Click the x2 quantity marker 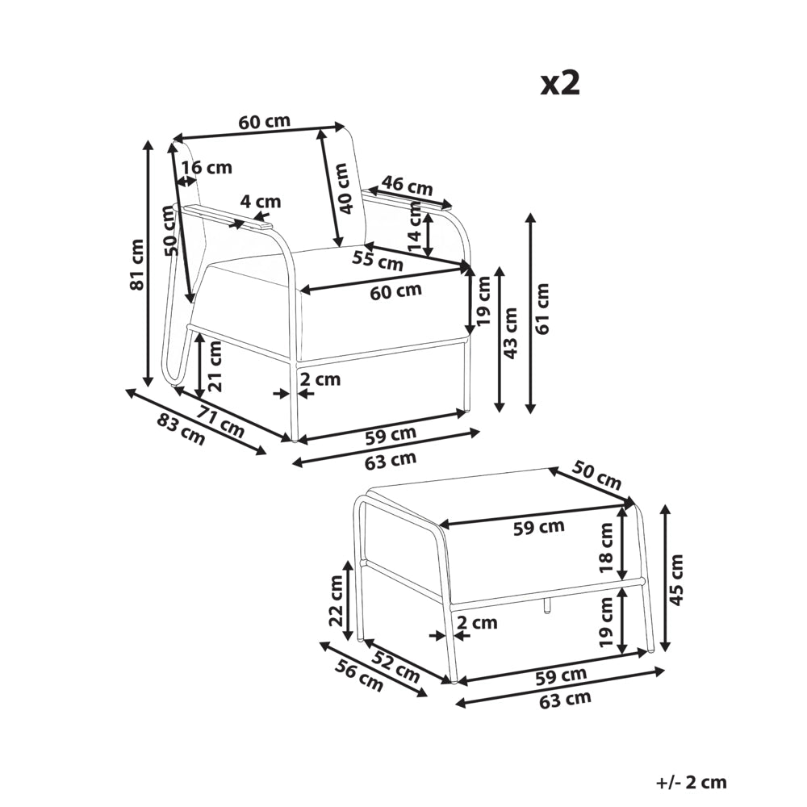(560, 83)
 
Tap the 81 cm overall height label (137, 265)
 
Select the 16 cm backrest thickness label (207, 167)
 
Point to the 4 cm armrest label (261, 201)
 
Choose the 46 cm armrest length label (407, 186)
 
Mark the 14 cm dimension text (414, 227)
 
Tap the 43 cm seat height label (510, 333)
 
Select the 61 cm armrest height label (542, 309)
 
